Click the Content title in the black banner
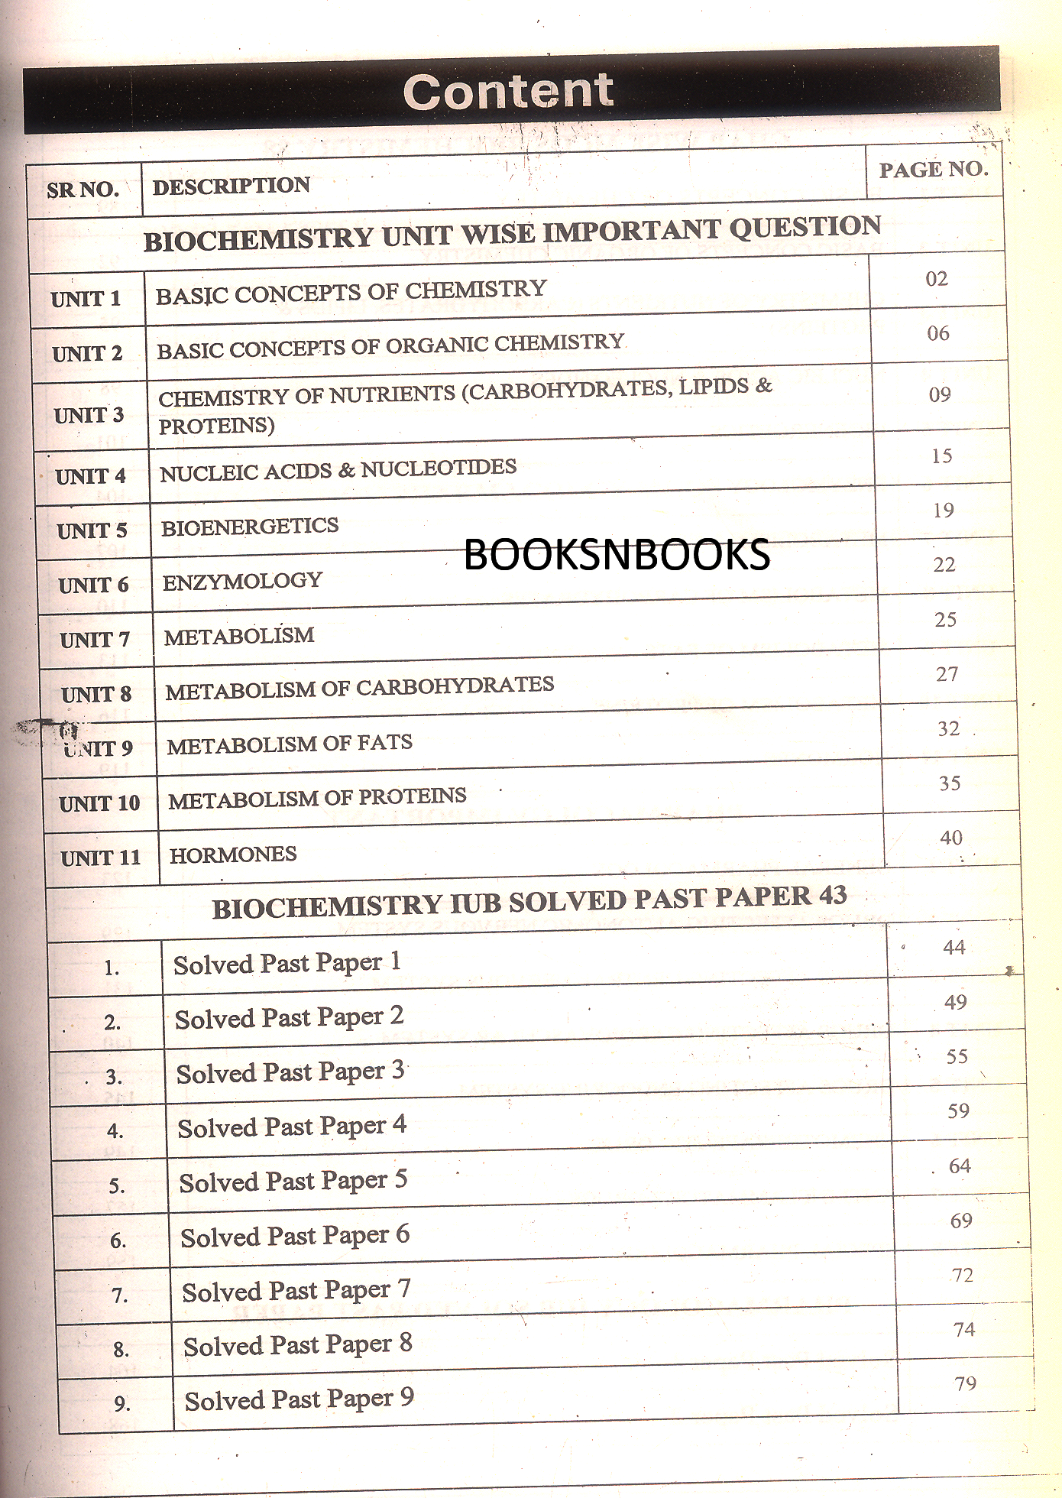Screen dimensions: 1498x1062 [x=508, y=92]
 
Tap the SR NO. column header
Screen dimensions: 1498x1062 [x=83, y=190]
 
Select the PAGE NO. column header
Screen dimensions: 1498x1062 [x=934, y=170]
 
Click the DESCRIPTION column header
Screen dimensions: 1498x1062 [x=232, y=186]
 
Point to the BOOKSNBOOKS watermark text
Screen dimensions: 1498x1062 [x=617, y=555]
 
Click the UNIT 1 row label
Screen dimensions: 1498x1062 [x=86, y=298]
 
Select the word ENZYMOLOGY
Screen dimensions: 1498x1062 [x=242, y=582]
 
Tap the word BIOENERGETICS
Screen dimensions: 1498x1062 [x=250, y=527]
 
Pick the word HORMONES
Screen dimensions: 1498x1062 [x=233, y=854]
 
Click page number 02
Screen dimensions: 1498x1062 [x=937, y=279]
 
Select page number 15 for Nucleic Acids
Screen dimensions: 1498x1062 [x=942, y=456]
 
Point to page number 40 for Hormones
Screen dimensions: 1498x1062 [x=951, y=838]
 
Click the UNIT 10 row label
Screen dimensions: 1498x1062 [x=100, y=803]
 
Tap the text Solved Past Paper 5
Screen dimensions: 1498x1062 [x=293, y=1182]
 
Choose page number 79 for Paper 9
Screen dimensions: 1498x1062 [x=966, y=1384]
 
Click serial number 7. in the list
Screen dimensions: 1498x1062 [x=120, y=1295]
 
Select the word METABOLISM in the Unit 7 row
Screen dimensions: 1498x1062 [x=239, y=636]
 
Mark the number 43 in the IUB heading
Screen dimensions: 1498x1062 [x=832, y=895]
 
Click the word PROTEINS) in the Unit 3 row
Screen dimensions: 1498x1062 [x=216, y=425]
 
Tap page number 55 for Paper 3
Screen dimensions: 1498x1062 [x=957, y=1057]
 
